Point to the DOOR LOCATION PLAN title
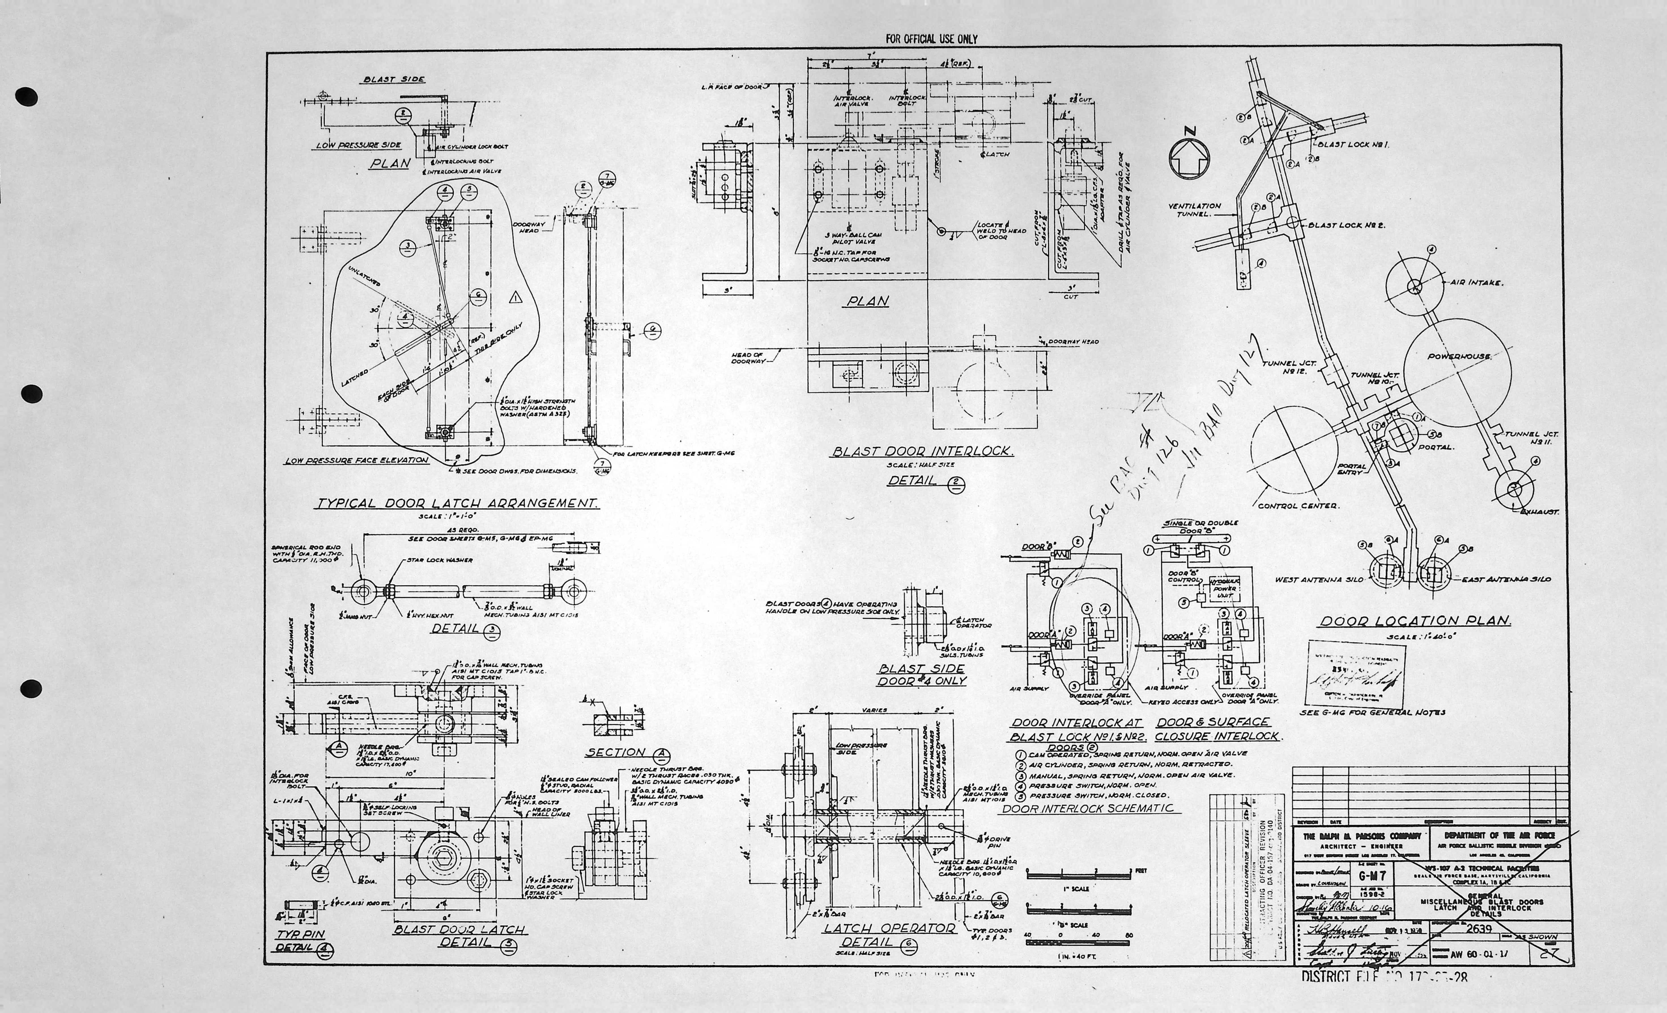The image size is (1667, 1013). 1415,621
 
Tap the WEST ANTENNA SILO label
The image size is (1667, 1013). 1319,579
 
